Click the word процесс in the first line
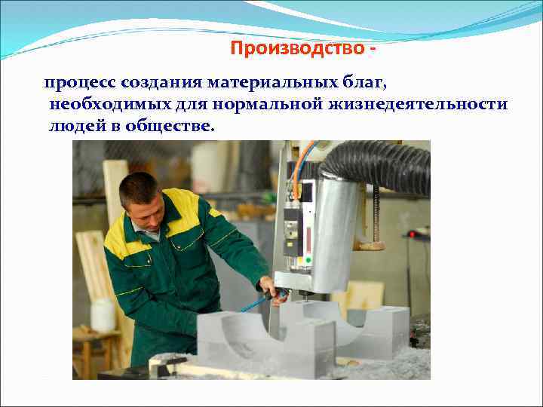[75, 81]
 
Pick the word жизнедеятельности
[418, 104]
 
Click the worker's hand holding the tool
[268, 287]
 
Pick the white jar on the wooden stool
[103, 314]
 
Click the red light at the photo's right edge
[412, 234]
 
